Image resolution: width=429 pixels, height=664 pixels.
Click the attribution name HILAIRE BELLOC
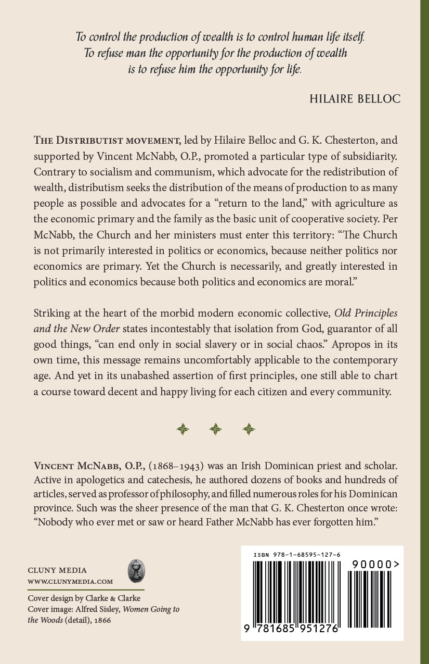click(355, 99)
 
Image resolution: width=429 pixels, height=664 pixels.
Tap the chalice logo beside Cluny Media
click(136, 571)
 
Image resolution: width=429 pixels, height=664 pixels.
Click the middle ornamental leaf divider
click(215, 429)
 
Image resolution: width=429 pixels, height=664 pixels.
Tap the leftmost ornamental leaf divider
click(182, 429)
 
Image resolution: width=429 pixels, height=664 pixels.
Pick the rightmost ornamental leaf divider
click(249, 429)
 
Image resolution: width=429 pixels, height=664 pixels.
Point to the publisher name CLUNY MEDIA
click(57, 570)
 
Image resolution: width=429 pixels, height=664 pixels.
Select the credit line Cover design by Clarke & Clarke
click(84, 598)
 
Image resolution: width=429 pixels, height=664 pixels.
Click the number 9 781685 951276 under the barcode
click(290, 629)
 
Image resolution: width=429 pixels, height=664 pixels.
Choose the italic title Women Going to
click(153, 609)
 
